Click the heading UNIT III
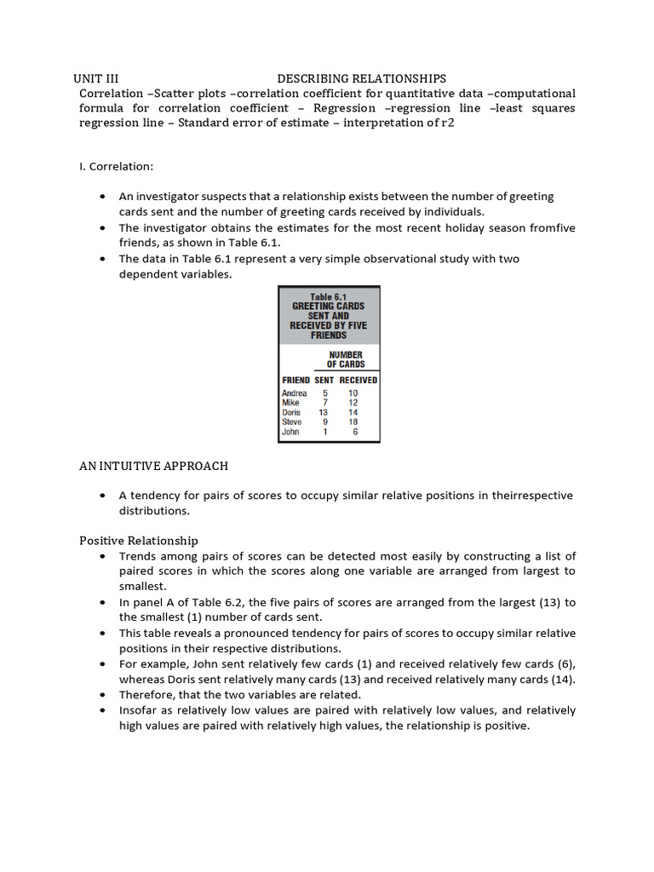[x=101, y=78]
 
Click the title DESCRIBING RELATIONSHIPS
[x=361, y=78]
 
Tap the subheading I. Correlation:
[x=116, y=166]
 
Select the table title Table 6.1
[x=328, y=296]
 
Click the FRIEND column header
[x=295, y=380]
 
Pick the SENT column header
[x=324, y=380]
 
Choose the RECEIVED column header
[x=359, y=380]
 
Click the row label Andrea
[x=294, y=393]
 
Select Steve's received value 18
[x=353, y=422]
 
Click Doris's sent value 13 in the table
[x=324, y=412]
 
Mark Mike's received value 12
[x=353, y=403]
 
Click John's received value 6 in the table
[x=354, y=432]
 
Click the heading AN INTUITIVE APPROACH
[x=153, y=466]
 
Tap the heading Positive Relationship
[x=139, y=540]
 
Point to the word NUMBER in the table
[x=346, y=354]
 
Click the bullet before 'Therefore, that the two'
[x=102, y=695]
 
